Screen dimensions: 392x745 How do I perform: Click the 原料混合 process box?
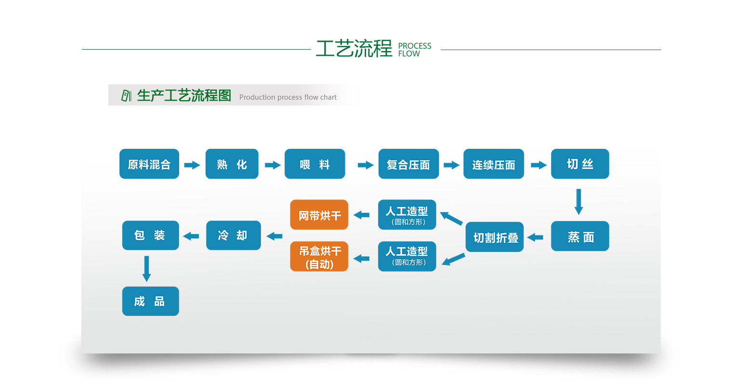149,164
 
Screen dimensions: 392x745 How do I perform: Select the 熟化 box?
232,164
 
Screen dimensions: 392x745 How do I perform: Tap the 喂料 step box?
315,164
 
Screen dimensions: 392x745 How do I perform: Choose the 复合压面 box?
408,164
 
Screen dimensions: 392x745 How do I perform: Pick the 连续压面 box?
494,164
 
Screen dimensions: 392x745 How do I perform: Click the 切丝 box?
580,164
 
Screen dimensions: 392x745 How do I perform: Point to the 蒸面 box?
580,236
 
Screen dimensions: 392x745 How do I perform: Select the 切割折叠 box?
495,237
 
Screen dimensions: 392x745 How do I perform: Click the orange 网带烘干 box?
319,215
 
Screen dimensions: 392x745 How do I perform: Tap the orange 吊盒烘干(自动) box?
319,257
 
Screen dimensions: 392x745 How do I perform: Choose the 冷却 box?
233,235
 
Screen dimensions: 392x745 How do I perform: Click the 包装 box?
150,235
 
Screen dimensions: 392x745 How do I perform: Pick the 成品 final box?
150,301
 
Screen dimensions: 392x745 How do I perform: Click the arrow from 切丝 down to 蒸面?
579,201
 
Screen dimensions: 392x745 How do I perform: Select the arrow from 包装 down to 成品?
147,268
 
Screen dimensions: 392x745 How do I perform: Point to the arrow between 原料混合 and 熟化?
192,165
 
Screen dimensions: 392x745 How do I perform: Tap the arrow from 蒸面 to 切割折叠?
536,237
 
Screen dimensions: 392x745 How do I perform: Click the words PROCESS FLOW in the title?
415,50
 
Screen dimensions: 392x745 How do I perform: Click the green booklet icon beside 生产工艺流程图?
126,95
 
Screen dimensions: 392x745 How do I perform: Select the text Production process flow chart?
288,97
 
